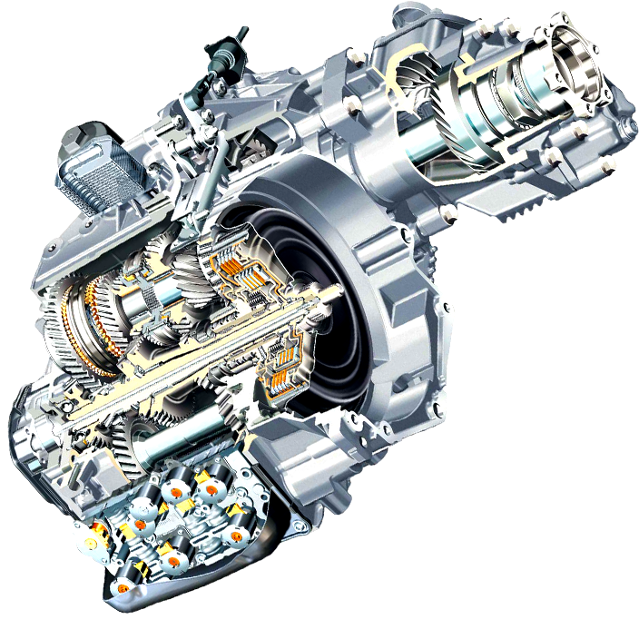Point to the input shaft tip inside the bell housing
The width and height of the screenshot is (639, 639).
pyautogui.click(x=336, y=292)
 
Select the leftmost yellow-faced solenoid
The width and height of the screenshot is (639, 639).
pyautogui.click(x=91, y=542)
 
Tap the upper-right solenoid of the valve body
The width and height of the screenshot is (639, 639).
pyautogui.click(x=211, y=491)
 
